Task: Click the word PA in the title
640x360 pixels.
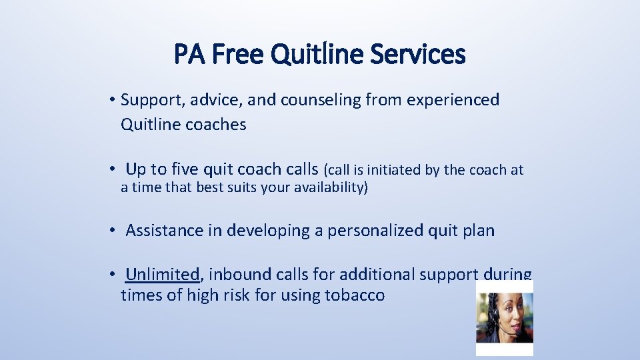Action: [x=189, y=55]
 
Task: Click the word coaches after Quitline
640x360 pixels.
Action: [x=216, y=125]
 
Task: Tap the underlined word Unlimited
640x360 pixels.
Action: [x=162, y=274]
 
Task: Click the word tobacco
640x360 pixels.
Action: [x=356, y=295]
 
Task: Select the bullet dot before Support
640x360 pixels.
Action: [x=115, y=101]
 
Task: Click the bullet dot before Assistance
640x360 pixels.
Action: [x=115, y=231]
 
